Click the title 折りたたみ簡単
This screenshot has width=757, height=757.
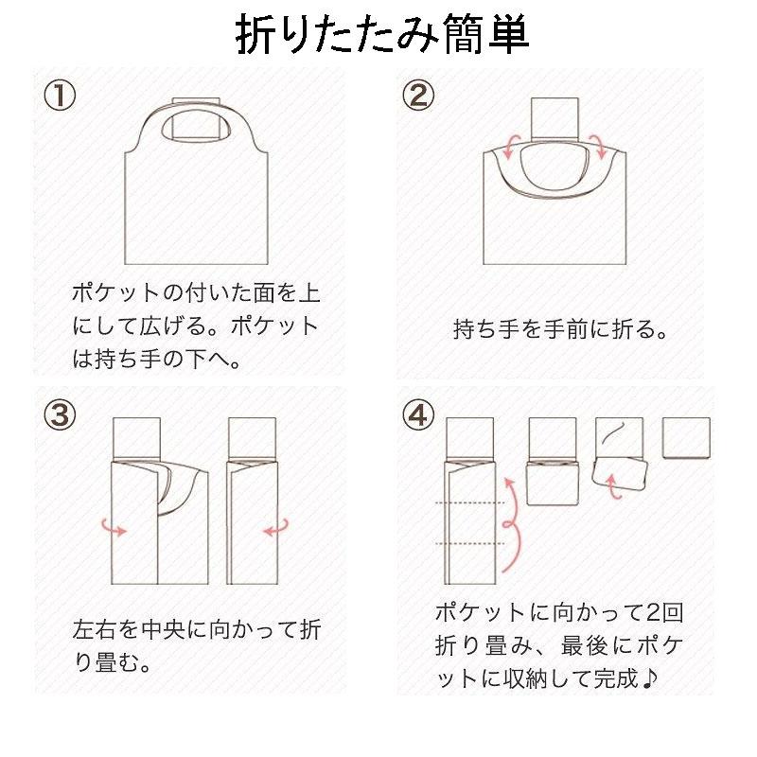381,35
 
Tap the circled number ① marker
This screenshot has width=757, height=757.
60,95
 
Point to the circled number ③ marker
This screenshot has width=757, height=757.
60,414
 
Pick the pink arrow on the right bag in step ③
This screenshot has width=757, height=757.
275,531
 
